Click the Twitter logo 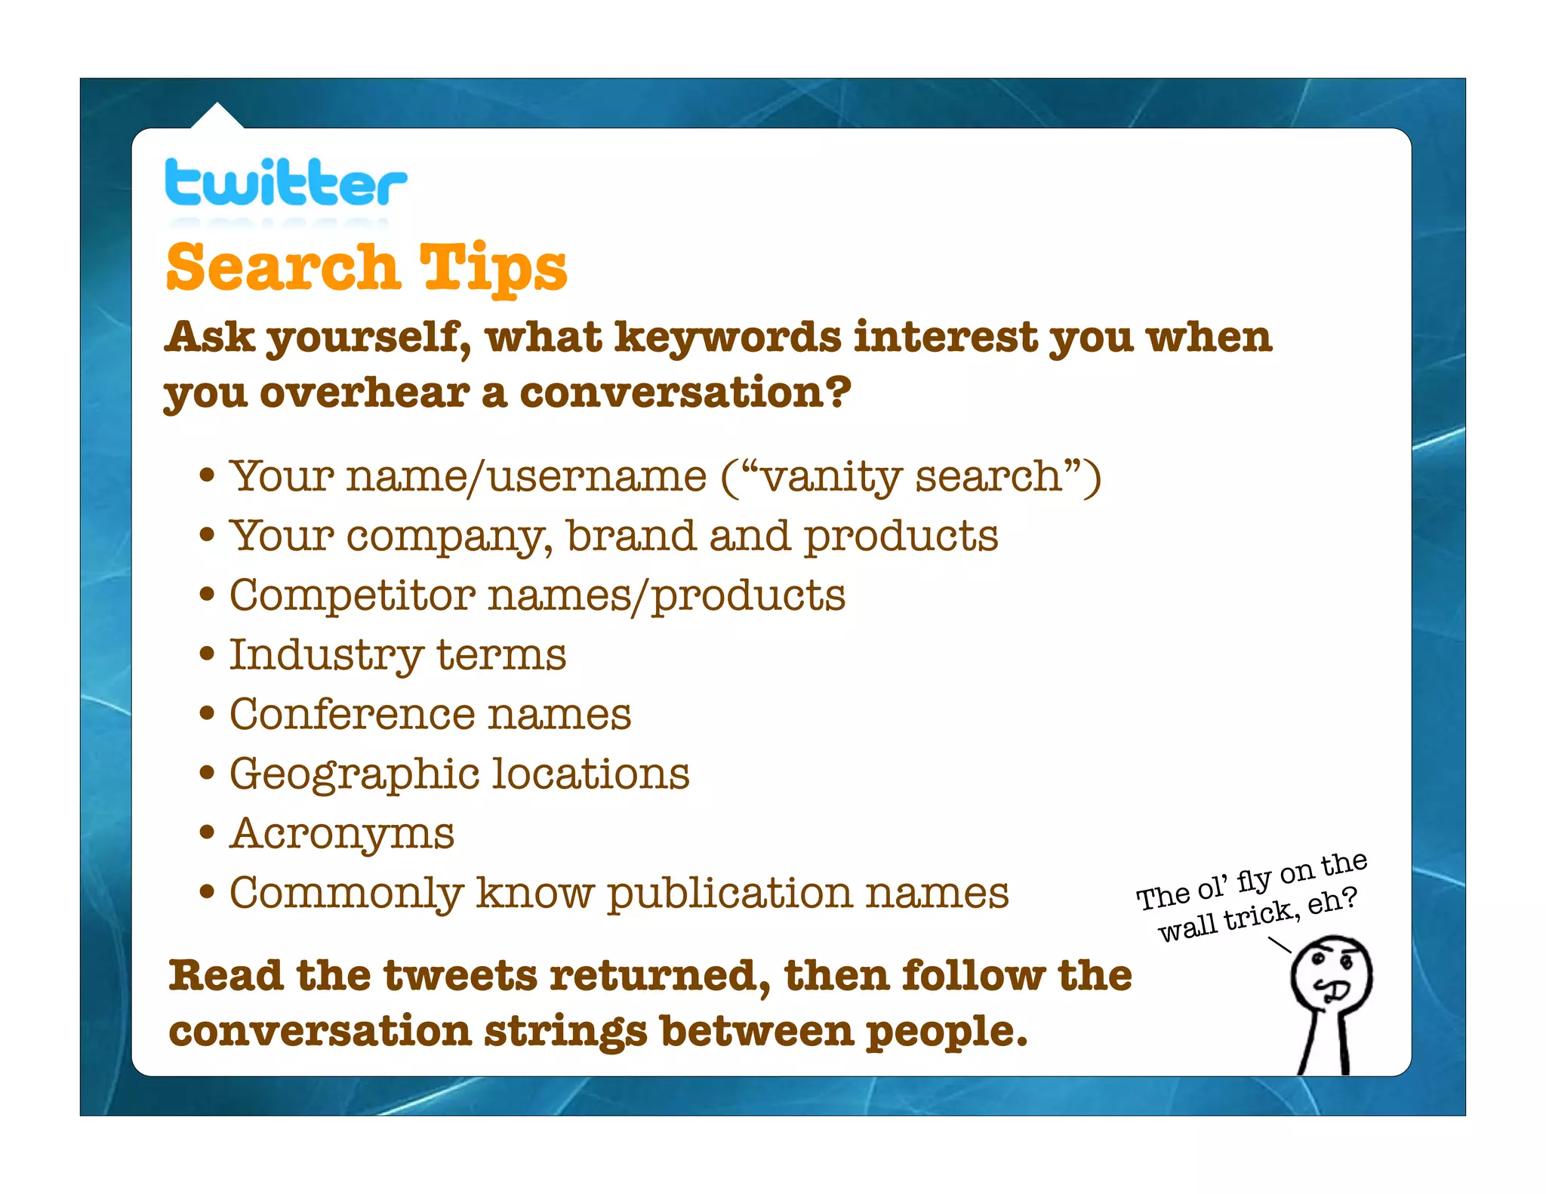click(x=285, y=183)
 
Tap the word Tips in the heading click(x=492, y=269)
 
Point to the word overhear click(x=365, y=393)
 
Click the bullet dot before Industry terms click(x=207, y=654)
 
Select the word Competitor click(x=352, y=595)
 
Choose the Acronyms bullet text click(x=341, y=833)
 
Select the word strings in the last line click(x=565, y=1032)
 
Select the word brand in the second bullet click(x=630, y=536)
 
